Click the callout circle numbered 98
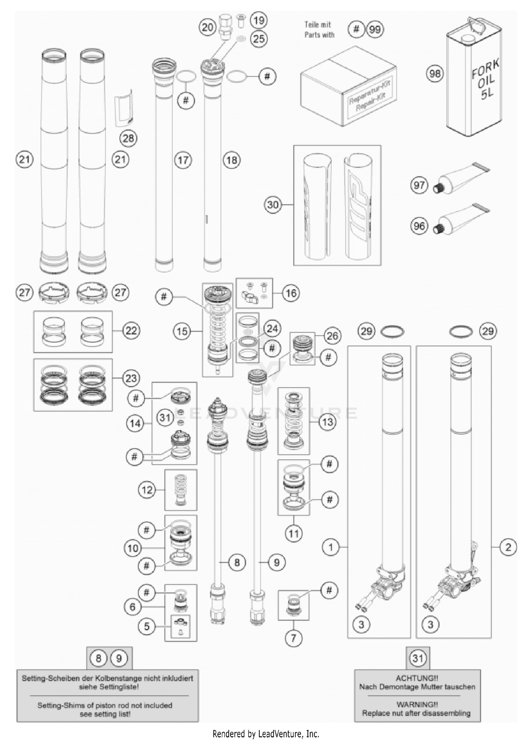(x=435, y=74)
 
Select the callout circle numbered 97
(x=419, y=185)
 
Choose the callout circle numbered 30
(x=273, y=205)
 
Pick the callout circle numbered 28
(x=128, y=138)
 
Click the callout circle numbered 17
(x=183, y=160)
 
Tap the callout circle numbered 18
(x=232, y=160)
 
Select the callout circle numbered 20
(x=207, y=27)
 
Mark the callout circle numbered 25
(x=259, y=39)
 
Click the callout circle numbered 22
(x=131, y=331)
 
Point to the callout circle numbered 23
(x=131, y=378)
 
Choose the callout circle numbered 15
(x=182, y=332)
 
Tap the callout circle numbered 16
(x=291, y=293)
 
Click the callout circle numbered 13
(x=327, y=422)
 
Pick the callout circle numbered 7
(x=293, y=638)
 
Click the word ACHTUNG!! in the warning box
(x=417, y=678)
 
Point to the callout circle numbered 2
(x=508, y=547)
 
